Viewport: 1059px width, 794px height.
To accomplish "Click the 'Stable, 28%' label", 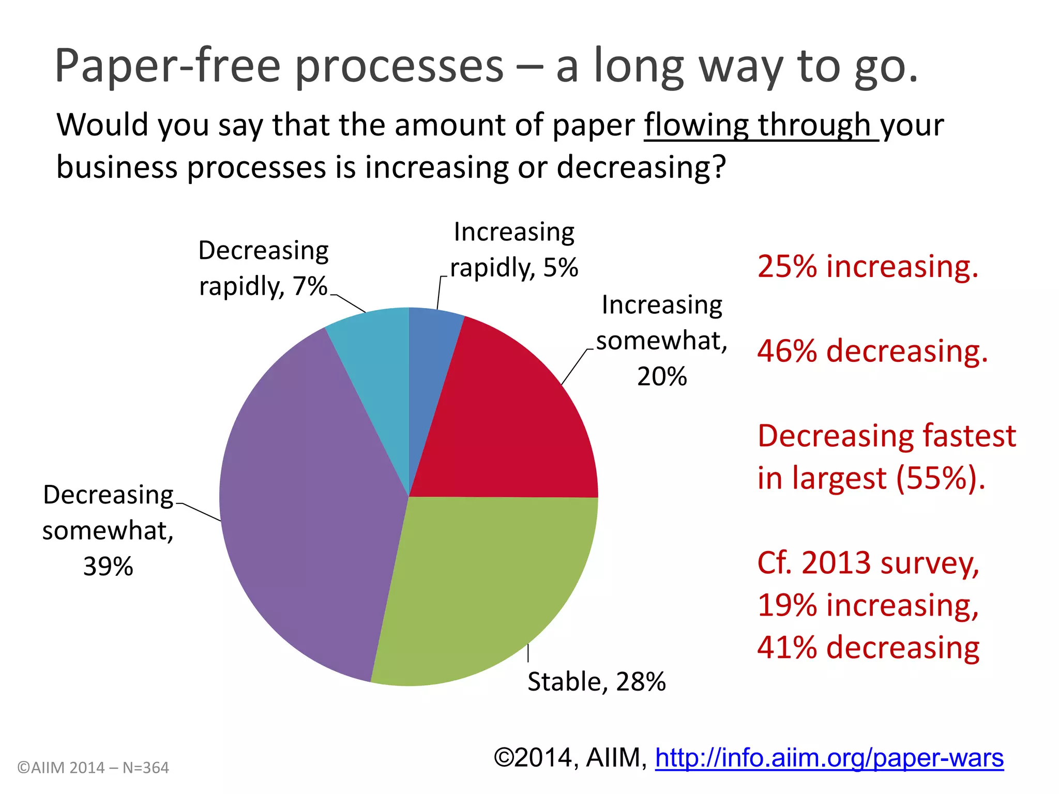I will pos(596,681).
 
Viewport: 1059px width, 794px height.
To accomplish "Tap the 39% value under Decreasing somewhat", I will pos(108,567).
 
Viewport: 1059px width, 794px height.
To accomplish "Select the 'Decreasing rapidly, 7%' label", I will pos(263,268).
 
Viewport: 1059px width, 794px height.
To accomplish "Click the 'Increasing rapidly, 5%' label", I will pos(514,250).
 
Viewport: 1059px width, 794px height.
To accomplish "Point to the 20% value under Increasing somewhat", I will pos(662,376).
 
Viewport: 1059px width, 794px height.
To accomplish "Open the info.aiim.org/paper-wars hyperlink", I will pos(829,758).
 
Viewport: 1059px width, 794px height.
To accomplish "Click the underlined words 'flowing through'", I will pos(760,125).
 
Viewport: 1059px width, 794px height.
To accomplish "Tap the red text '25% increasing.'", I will pos(868,267).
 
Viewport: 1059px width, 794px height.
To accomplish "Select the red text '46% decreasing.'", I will pos(872,351).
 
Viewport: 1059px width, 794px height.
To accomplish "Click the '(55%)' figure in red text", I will pos(941,478).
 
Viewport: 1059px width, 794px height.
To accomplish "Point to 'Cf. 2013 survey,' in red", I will pos(868,562).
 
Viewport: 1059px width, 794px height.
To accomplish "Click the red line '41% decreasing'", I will pos(868,647).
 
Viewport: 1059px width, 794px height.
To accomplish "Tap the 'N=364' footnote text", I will pos(145,768).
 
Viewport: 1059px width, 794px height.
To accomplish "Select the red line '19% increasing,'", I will pos(868,605).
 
